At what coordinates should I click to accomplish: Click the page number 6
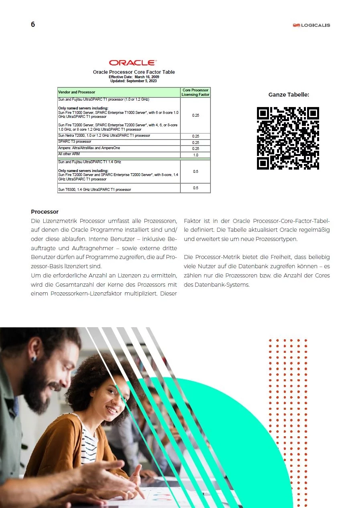click(33, 24)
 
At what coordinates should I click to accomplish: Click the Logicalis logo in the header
click(311, 25)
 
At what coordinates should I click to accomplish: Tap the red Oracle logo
click(133, 63)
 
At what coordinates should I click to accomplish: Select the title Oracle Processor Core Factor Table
click(134, 72)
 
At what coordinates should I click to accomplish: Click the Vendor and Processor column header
click(77, 92)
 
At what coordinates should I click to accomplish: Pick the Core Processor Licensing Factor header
click(195, 92)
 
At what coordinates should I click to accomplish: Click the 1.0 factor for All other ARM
click(195, 155)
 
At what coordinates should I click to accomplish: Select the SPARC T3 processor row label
click(75, 142)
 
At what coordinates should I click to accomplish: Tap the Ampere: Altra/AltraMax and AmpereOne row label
click(89, 148)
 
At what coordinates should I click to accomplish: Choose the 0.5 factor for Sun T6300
click(195, 188)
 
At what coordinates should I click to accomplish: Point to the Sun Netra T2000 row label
click(104, 136)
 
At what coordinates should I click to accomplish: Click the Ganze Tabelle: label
click(289, 95)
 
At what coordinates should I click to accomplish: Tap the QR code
click(288, 138)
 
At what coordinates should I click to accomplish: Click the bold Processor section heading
click(45, 212)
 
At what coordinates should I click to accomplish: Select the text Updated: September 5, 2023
click(133, 81)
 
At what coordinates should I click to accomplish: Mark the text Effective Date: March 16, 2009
click(134, 77)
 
